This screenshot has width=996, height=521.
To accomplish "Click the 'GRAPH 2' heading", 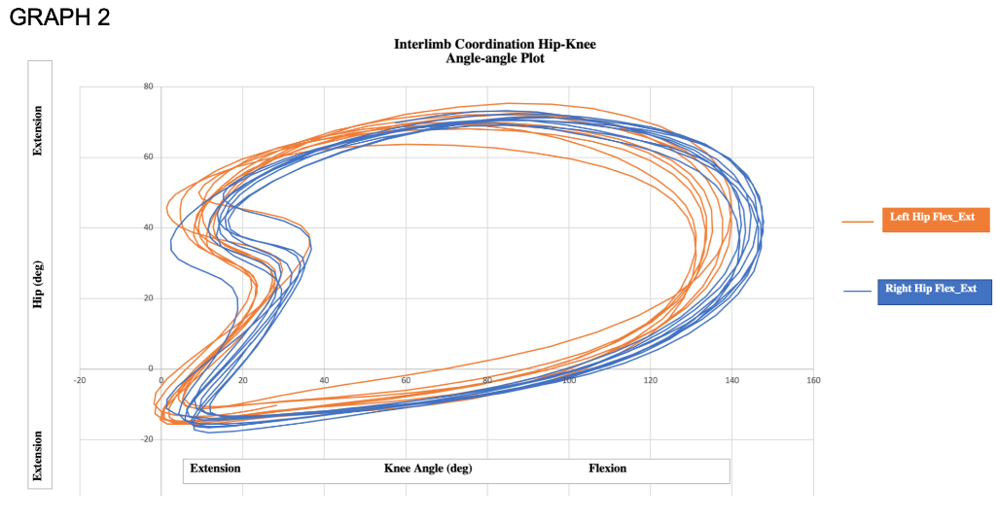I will [59, 18].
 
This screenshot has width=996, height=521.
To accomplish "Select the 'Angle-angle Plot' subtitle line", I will [494, 58].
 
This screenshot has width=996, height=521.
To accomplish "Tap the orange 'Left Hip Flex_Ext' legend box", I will [932, 219].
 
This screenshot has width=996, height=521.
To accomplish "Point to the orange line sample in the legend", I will [857, 222].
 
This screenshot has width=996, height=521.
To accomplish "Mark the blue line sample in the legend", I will [857, 292].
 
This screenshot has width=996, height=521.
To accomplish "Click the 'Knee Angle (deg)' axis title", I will [428, 469].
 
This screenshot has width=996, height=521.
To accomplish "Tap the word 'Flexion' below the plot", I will [608, 469].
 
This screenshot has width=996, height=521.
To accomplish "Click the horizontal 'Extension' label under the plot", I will [215, 469].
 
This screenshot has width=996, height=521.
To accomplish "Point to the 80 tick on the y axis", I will [148, 87].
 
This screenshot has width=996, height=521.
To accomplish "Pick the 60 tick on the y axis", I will [148, 156].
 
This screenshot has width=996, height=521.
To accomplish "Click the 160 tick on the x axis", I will [813, 379].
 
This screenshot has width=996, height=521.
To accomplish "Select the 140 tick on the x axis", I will [731, 379].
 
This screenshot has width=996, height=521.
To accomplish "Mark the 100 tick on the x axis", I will [569, 379].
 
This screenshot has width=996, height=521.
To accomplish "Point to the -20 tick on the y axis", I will [147, 439].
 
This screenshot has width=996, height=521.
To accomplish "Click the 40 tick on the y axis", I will [148, 227].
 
